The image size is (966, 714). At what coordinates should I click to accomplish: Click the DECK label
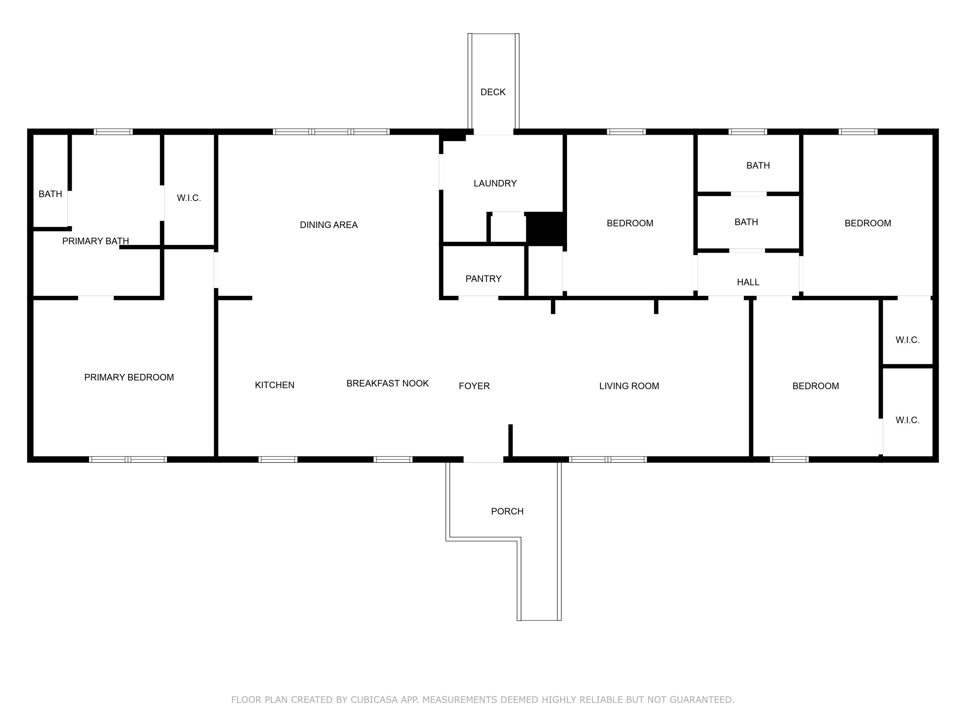[x=493, y=92]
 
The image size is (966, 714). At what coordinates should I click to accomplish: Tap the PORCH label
[x=507, y=511]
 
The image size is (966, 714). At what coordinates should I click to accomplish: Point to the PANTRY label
[x=483, y=279]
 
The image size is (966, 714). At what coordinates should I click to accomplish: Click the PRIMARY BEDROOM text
[x=129, y=377]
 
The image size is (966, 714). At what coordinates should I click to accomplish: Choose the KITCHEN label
[x=274, y=385]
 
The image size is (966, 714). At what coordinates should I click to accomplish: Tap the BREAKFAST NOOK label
[x=387, y=383]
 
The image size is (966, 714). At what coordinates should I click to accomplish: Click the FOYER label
[x=474, y=386]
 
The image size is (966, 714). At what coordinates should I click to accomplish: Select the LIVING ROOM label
[x=629, y=386]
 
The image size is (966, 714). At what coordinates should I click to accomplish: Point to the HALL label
[x=748, y=282]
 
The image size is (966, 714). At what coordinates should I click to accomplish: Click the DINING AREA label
[x=328, y=225]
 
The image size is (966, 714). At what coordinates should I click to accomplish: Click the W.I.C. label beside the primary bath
[x=189, y=198]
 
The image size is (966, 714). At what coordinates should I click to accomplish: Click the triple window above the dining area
[x=331, y=132]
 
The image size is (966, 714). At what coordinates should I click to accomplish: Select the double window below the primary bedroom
[x=128, y=460]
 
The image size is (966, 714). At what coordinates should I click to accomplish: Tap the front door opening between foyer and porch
[x=483, y=460]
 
